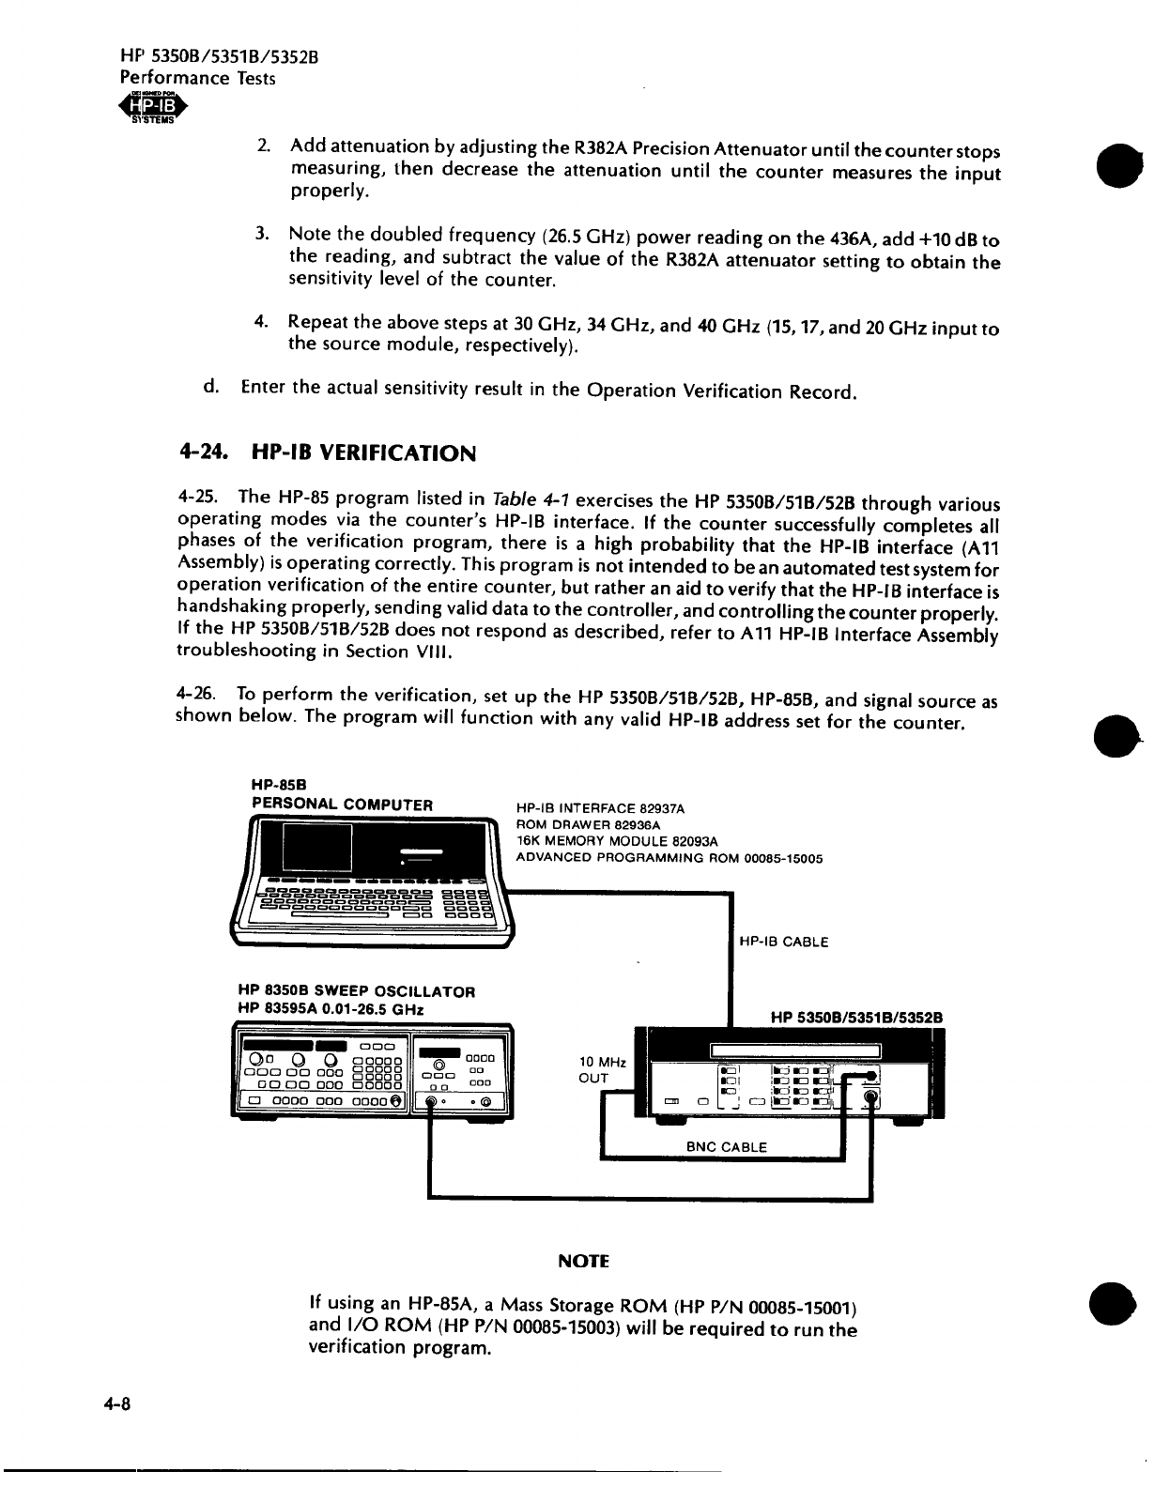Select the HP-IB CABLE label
(784, 942)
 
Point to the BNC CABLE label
(727, 1146)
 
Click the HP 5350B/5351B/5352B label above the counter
(855, 1017)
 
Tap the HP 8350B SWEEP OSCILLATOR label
(357, 990)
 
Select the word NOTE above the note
(584, 1261)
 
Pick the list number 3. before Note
(262, 232)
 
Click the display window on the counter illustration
(795, 1050)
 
